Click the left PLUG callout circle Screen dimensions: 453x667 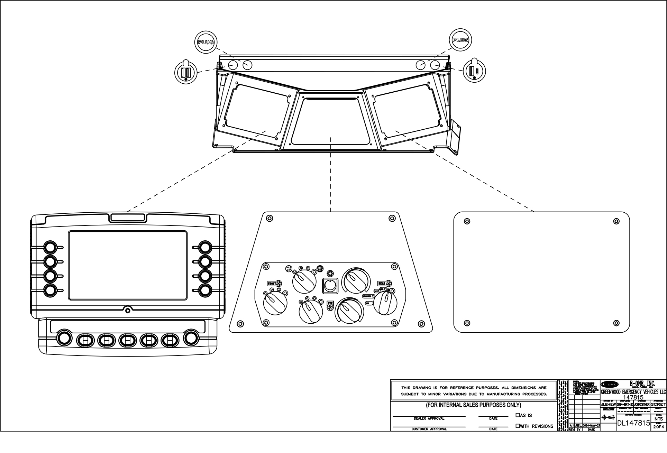205,42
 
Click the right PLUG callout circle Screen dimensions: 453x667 460,40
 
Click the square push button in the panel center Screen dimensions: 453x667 331,286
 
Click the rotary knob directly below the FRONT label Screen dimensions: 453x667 275,303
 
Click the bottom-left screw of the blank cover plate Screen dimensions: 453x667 467,323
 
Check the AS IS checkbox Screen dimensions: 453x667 518,415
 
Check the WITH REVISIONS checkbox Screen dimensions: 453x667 518,426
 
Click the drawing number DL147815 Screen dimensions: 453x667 633,423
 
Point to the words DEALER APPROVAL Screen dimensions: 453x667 429,418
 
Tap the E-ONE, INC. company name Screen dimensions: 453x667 642,383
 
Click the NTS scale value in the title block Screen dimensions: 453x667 659,419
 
